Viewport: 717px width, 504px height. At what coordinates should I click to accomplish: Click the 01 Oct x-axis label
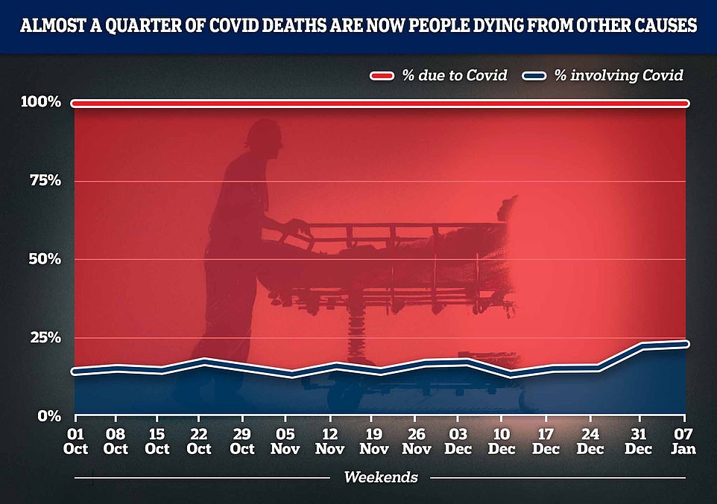tap(75, 441)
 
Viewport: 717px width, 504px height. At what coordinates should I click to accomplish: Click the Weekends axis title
tap(380, 476)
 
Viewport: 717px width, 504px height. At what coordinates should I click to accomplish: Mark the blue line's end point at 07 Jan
tap(686, 344)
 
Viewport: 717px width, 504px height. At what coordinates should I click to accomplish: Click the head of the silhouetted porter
tap(265, 138)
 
